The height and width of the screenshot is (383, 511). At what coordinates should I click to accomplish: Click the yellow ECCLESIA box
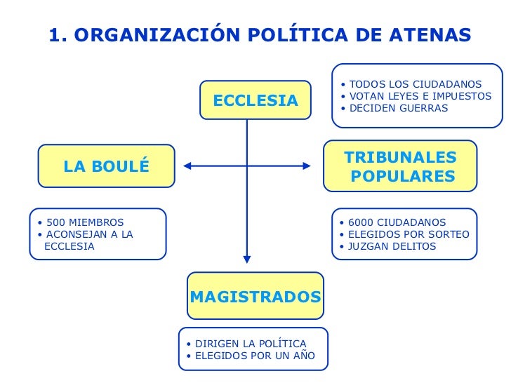click(x=255, y=100)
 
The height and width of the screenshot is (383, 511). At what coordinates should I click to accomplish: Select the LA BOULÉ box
click(x=106, y=166)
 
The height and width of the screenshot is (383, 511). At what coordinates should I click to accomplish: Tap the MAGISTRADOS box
click(x=255, y=297)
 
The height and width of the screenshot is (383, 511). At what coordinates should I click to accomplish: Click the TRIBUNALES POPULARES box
click(x=400, y=166)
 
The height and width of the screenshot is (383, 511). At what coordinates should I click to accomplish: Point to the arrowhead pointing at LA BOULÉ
click(x=188, y=166)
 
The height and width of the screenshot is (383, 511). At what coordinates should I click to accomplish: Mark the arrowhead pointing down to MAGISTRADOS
click(x=247, y=259)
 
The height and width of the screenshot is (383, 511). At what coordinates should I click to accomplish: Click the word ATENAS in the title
click(x=427, y=34)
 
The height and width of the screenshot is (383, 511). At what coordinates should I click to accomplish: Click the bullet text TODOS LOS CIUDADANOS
click(x=415, y=85)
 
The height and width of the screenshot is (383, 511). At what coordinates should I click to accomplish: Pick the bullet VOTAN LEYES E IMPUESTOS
click(x=420, y=97)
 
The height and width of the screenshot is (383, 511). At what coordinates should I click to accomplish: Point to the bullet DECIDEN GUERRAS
click(x=398, y=109)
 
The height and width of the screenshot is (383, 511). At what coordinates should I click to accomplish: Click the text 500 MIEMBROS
click(x=85, y=223)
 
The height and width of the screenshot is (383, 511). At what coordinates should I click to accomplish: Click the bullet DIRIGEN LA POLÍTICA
click(x=251, y=344)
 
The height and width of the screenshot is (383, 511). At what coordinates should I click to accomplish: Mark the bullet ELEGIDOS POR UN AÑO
click(x=255, y=356)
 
